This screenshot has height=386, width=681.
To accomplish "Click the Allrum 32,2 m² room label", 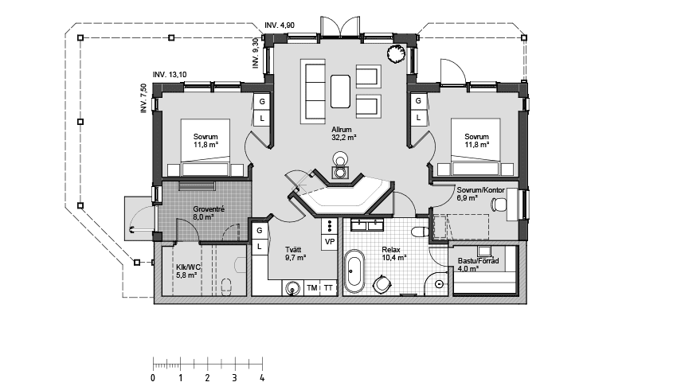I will point(342,133).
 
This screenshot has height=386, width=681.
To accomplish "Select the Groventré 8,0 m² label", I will point(209,212).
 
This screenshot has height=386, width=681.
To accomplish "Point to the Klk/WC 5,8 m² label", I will point(190,271).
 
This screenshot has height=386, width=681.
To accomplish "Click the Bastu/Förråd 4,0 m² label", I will point(479,264).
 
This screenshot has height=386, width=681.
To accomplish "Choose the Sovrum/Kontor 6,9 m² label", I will point(478,193).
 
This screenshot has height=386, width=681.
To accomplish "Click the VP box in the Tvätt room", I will point(330,240).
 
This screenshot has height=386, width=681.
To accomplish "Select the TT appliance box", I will point(329,288).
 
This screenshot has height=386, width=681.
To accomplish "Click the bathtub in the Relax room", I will point(354,273).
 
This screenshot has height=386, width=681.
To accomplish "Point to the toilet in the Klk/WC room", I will point(228,285).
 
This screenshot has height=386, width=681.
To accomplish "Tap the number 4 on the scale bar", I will point(261,378).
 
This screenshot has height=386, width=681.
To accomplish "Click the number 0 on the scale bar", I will point(153,378).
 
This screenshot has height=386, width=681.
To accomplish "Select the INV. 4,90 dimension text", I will point(280,26).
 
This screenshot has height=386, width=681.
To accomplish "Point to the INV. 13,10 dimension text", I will point(170,74).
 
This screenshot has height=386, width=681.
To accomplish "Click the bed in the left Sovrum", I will point(205,147).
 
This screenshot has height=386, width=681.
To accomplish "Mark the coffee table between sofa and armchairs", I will point(341,89).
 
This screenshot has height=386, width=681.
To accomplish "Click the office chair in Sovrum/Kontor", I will point(499,205).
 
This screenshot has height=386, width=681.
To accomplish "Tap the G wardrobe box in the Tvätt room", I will point(260,231).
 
